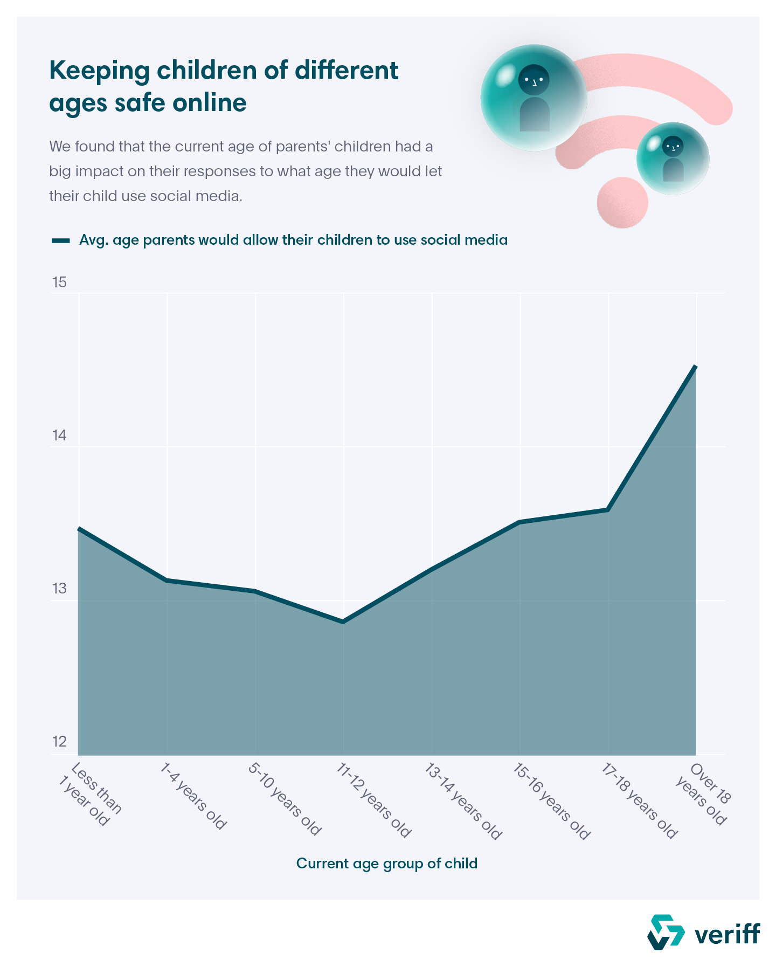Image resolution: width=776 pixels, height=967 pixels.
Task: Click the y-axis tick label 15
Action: click(59, 282)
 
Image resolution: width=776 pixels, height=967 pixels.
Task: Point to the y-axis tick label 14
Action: click(59, 436)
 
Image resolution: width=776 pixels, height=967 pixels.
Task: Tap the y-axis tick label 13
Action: click(59, 589)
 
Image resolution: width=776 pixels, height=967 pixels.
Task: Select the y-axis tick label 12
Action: click(59, 742)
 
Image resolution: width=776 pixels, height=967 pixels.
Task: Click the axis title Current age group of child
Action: click(387, 864)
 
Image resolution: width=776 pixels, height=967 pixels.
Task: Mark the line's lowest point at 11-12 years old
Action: click(343, 622)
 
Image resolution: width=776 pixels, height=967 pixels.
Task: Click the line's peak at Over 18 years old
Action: click(696, 367)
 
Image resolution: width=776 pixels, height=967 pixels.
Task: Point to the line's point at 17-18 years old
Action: click(608, 509)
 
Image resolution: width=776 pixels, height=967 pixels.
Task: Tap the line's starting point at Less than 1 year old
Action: click(79, 529)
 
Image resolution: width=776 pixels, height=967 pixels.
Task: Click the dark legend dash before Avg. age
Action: click(60, 240)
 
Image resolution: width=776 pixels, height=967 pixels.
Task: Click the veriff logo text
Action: click(727, 934)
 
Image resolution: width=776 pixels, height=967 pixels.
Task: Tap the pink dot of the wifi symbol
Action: click(622, 203)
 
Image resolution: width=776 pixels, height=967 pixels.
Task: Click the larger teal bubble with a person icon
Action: click(534, 98)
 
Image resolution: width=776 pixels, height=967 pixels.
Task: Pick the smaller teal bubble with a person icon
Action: click(673, 158)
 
